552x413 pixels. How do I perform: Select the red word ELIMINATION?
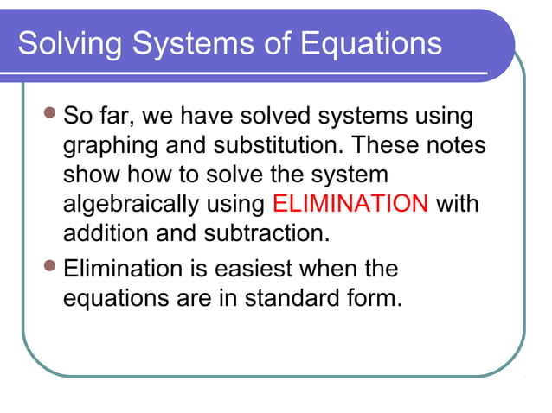(350, 204)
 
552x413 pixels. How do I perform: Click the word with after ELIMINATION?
(458, 204)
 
